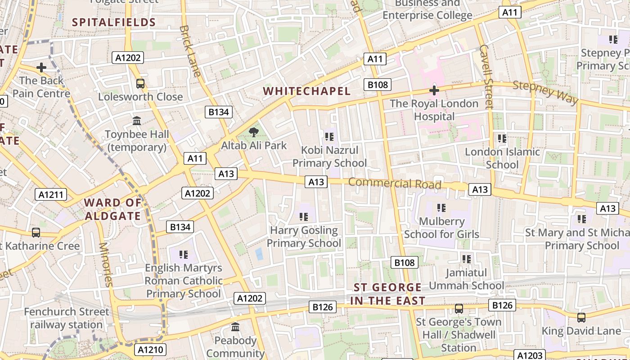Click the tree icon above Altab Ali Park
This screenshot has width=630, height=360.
pyautogui.click(x=254, y=132)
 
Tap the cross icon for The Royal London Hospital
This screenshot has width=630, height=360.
pyautogui.click(x=434, y=90)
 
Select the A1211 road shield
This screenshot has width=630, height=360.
pyautogui.click(x=51, y=194)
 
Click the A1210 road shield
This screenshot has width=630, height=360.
pyautogui.click(x=150, y=350)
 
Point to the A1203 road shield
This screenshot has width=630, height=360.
pyautogui.click(x=530, y=355)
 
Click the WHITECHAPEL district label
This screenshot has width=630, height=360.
pyautogui.click(x=306, y=91)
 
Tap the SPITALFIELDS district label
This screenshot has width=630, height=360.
pyautogui.click(x=114, y=22)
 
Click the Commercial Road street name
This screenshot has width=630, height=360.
pyautogui.click(x=395, y=184)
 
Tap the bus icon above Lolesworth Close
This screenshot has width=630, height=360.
pyautogui.click(x=140, y=83)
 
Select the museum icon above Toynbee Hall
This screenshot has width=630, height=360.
pyautogui.click(x=137, y=121)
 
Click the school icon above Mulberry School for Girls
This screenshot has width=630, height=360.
pyautogui.click(x=441, y=207)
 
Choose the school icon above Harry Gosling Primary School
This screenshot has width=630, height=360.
pyautogui.click(x=304, y=217)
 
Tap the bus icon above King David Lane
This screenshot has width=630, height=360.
pyautogui.click(x=581, y=317)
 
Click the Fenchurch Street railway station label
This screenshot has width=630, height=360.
pyautogui.click(x=67, y=318)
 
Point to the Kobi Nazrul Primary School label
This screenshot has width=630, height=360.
pyautogui.click(x=329, y=157)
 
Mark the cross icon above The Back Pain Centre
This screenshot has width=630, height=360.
pyautogui.click(x=41, y=67)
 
